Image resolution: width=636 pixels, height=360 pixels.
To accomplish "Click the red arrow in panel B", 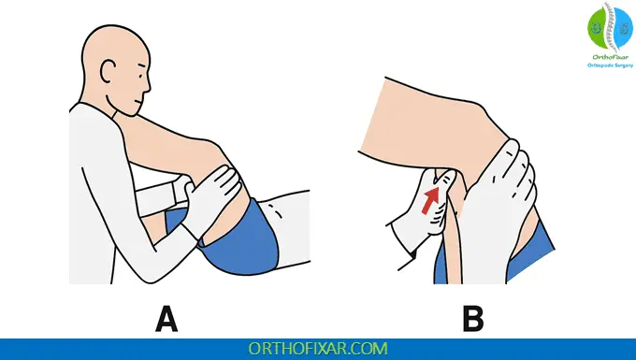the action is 430,200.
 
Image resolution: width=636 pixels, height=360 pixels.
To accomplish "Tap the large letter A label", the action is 166,320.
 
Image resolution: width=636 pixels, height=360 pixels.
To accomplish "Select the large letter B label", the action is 473,320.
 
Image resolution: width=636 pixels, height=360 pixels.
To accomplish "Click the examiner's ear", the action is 108,72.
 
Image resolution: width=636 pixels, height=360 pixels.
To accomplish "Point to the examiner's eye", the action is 139,76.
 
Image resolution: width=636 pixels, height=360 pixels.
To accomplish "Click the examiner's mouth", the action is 138,101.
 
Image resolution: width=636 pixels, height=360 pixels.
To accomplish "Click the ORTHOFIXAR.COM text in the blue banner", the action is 318,349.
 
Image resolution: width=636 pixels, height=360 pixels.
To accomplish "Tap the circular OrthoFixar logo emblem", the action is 610,27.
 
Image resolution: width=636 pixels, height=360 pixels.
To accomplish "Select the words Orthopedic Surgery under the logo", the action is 610,65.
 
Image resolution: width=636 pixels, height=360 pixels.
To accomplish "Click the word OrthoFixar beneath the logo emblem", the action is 610,57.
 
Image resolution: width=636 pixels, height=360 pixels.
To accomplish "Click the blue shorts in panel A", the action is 239,239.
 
